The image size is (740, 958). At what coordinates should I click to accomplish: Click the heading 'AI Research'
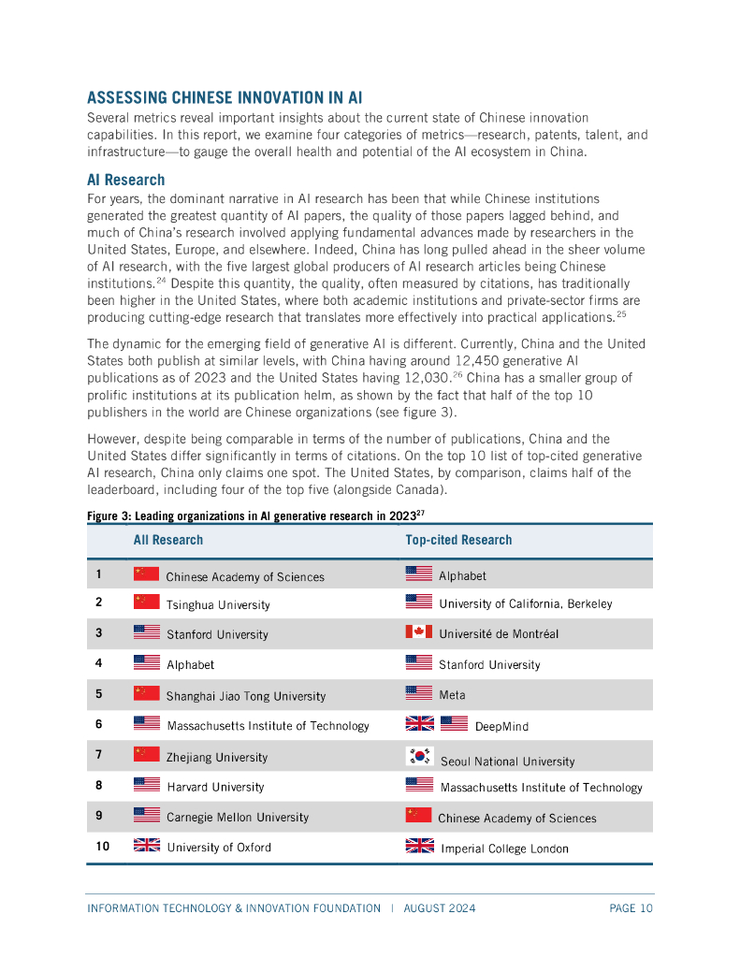pyautogui.click(x=125, y=180)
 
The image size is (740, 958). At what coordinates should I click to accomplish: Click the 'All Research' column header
pyautogui.click(x=167, y=540)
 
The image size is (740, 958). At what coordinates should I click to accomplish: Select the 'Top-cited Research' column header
pyautogui.click(x=458, y=540)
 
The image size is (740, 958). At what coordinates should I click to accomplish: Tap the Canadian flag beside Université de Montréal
pyautogui.click(x=418, y=631)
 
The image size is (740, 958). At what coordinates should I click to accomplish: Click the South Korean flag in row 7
pyautogui.click(x=418, y=757)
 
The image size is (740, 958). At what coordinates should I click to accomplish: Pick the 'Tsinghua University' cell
pyautogui.click(x=218, y=605)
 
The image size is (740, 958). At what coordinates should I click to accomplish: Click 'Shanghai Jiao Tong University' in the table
pyautogui.click(x=246, y=696)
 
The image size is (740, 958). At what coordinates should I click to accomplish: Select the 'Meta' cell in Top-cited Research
pyautogui.click(x=452, y=695)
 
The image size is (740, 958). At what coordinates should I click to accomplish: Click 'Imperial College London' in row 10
pyautogui.click(x=504, y=849)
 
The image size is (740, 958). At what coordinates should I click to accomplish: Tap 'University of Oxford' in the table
pyautogui.click(x=219, y=848)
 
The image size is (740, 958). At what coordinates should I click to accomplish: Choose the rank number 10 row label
pyautogui.click(x=103, y=846)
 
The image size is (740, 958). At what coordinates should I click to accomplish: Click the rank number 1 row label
pyautogui.click(x=99, y=574)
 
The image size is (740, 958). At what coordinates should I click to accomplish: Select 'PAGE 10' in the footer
pyautogui.click(x=631, y=908)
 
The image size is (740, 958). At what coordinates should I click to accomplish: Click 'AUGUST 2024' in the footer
pyautogui.click(x=440, y=908)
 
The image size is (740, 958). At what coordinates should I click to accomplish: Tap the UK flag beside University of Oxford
pyautogui.click(x=147, y=845)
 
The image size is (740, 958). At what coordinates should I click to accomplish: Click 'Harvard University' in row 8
pyautogui.click(x=215, y=787)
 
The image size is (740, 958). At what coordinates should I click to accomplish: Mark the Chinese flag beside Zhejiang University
pyautogui.click(x=147, y=754)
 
